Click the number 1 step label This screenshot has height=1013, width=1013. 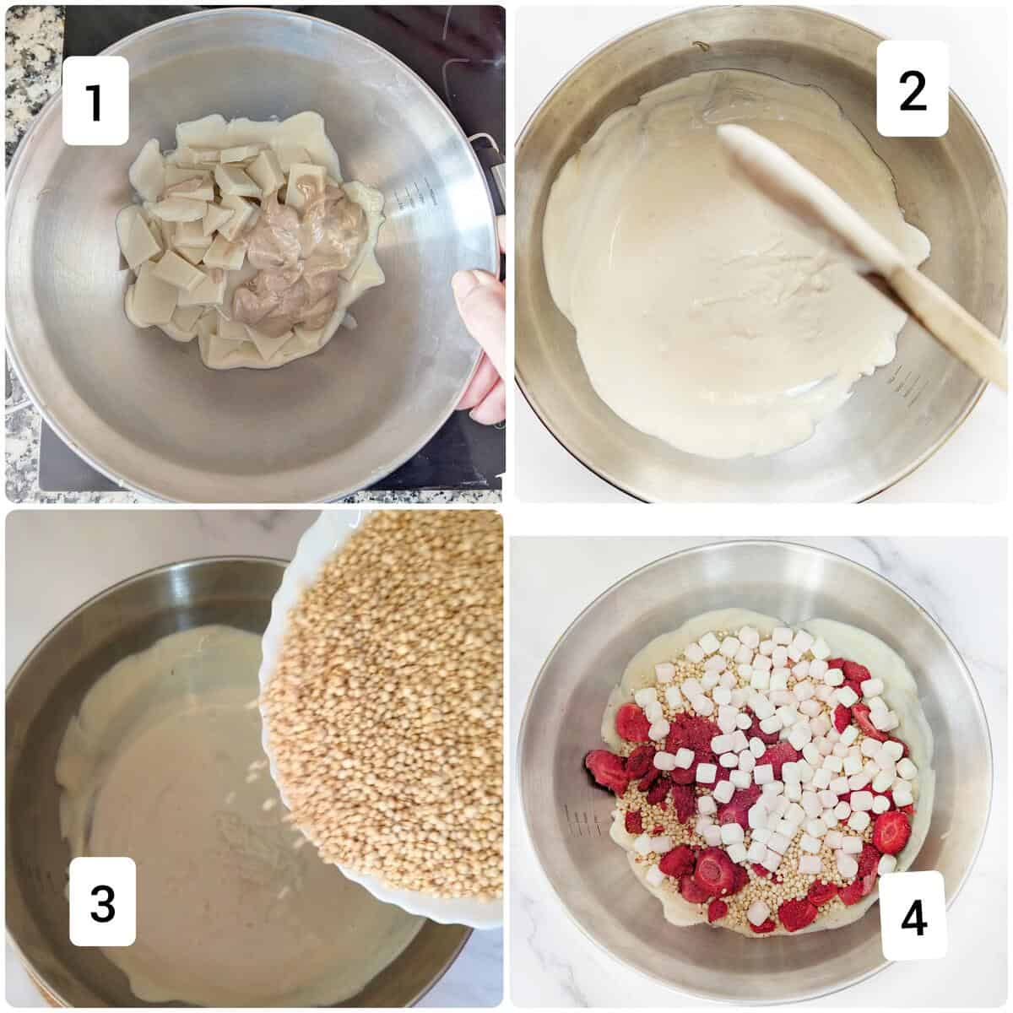coord(95,100)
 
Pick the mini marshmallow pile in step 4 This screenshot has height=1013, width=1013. coord(760,743)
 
